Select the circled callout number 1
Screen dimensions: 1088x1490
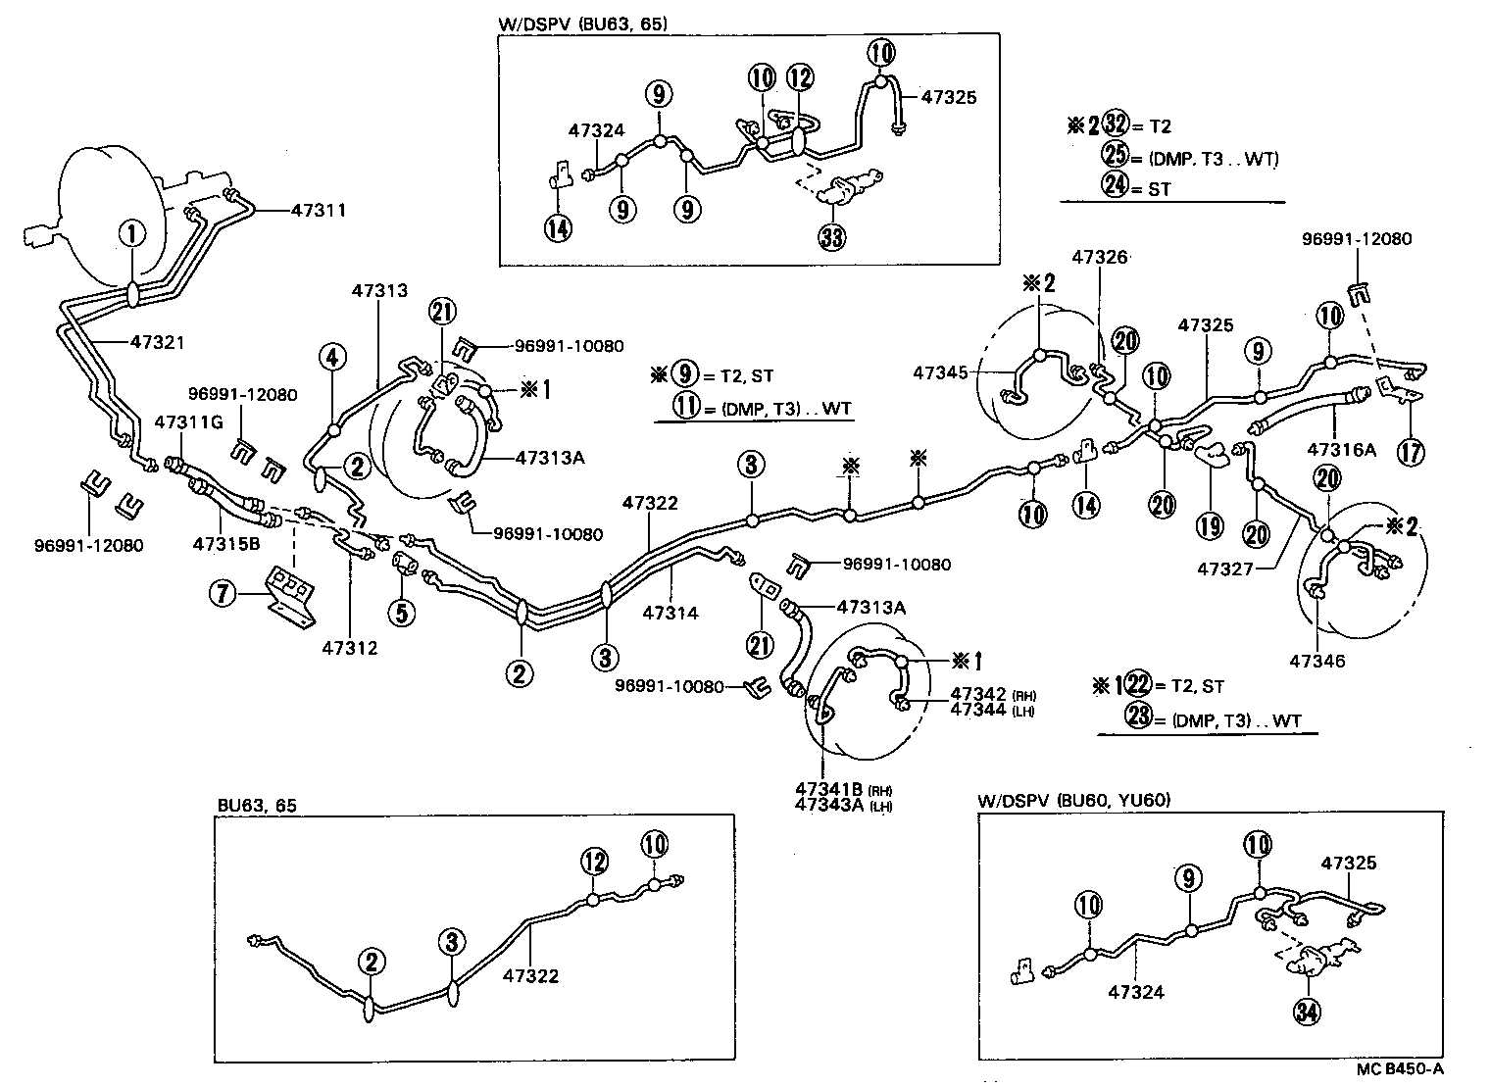(131, 233)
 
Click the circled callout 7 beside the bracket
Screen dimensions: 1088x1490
(226, 593)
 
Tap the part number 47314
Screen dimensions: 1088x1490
(670, 613)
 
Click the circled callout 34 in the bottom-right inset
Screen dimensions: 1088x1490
(1306, 1014)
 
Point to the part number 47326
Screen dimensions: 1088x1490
(1099, 257)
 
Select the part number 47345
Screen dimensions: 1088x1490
(940, 372)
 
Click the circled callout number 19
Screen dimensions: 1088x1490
(1210, 525)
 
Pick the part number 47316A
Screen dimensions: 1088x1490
(1341, 449)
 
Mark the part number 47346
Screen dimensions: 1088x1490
(1317, 662)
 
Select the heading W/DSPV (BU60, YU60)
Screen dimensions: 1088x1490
(1073, 800)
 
